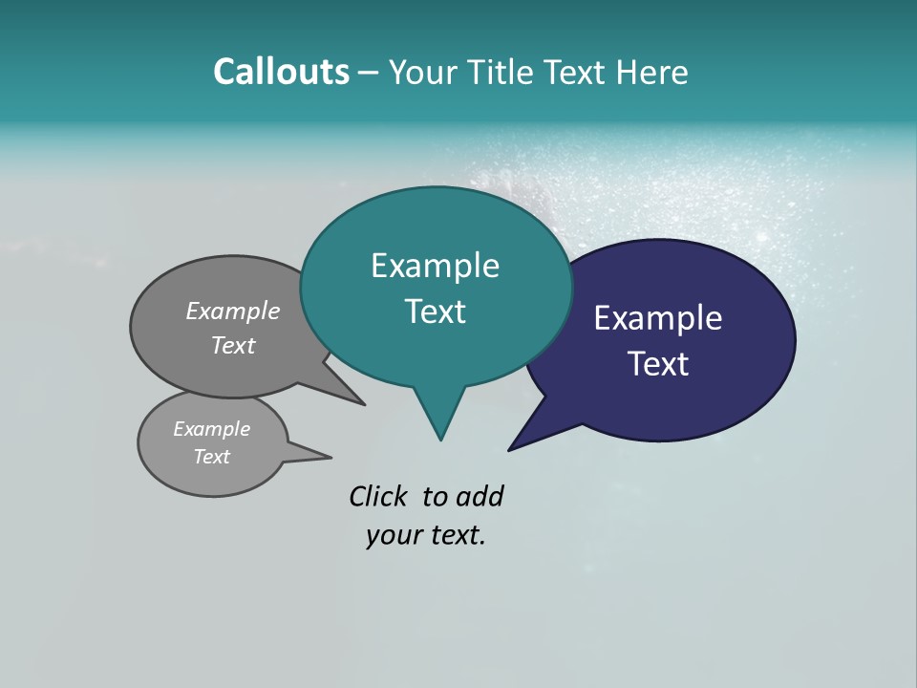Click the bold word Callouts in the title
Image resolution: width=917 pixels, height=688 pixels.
pyautogui.click(x=281, y=72)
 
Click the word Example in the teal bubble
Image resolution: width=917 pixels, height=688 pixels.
pyautogui.click(x=435, y=266)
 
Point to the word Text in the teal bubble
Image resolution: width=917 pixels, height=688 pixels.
pyautogui.click(x=435, y=312)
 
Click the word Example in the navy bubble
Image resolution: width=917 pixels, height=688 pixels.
pyautogui.click(x=658, y=318)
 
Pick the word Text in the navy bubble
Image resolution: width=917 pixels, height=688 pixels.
pyautogui.click(x=658, y=364)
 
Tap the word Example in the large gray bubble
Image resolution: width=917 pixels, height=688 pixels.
pyautogui.click(x=233, y=312)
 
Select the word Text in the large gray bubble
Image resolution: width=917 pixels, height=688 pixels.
pyautogui.click(x=233, y=345)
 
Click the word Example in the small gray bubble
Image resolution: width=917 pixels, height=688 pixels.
pyautogui.click(x=212, y=429)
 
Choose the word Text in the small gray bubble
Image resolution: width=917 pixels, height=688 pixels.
pyautogui.click(x=212, y=457)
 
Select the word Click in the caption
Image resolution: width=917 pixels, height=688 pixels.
pyautogui.click(x=378, y=496)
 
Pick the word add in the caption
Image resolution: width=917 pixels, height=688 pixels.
pyautogui.click(x=480, y=496)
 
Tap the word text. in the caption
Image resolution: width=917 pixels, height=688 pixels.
pyautogui.click(x=454, y=535)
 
